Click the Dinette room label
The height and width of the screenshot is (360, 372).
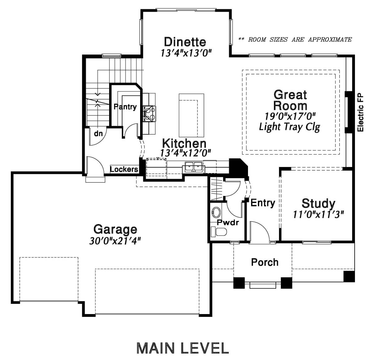pyautogui.click(x=185, y=42)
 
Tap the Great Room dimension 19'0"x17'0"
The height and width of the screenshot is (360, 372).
pyautogui.click(x=290, y=116)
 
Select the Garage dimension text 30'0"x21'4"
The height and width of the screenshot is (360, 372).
pyautogui.click(x=115, y=241)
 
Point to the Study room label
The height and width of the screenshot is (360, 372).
pyautogui.click(x=318, y=203)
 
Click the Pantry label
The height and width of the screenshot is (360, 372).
pyautogui.click(x=125, y=107)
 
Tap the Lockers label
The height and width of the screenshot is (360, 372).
pyautogui.click(x=124, y=169)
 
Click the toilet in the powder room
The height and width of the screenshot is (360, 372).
pyautogui.click(x=219, y=232)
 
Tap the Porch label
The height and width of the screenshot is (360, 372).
pyautogui.click(x=264, y=262)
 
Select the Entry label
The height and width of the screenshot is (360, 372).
pyautogui.click(x=263, y=203)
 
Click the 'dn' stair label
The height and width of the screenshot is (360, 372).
pyautogui.click(x=99, y=133)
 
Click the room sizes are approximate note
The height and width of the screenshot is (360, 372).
pyautogui.click(x=295, y=40)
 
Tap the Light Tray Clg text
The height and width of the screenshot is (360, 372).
pyautogui.click(x=290, y=127)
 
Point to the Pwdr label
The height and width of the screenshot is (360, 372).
pyautogui.click(x=228, y=223)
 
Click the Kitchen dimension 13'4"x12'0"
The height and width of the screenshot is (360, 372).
pyautogui.click(x=185, y=153)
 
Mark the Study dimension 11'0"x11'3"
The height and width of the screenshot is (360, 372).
pyautogui.click(x=318, y=214)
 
